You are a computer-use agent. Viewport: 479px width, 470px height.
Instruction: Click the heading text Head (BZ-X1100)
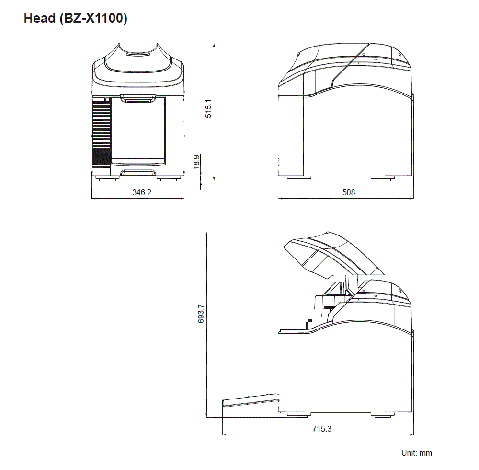click(x=75, y=19)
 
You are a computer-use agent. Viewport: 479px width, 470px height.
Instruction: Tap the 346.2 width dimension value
click(x=142, y=192)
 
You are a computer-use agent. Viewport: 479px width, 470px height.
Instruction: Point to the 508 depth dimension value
click(x=349, y=192)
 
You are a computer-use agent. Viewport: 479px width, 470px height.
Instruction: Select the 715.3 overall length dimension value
click(x=321, y=429)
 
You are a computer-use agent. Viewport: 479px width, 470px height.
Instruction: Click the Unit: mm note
click(x=416, y=453)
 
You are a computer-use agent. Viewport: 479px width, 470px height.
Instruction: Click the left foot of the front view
click(x=107, y=179)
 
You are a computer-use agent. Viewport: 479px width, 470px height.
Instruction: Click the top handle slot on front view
click(x=138, y=54)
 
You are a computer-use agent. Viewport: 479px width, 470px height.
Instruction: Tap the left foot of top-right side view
click(x=298, y=178)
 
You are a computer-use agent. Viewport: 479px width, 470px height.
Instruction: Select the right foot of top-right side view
click(x=382, y=178)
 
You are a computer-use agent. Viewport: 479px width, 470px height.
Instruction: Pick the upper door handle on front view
click(x=138, y=99)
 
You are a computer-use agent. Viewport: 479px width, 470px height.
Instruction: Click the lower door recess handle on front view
click(x=138, y=172)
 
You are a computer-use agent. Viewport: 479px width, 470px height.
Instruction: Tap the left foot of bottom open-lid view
click(x=298, y=415)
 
